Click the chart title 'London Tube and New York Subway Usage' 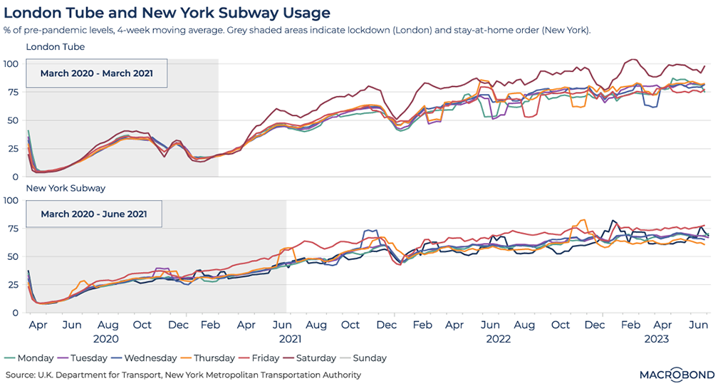(167, 13)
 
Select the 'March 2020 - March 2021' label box (96, 73)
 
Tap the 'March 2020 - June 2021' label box (93, 213)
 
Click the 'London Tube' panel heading (55, 47)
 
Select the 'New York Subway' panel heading (66, 188)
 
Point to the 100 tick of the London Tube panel (11, 64)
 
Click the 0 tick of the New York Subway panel (15, 313)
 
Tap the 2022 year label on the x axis (498, 339)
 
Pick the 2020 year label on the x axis (105, 339)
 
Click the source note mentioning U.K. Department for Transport (183, 375)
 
